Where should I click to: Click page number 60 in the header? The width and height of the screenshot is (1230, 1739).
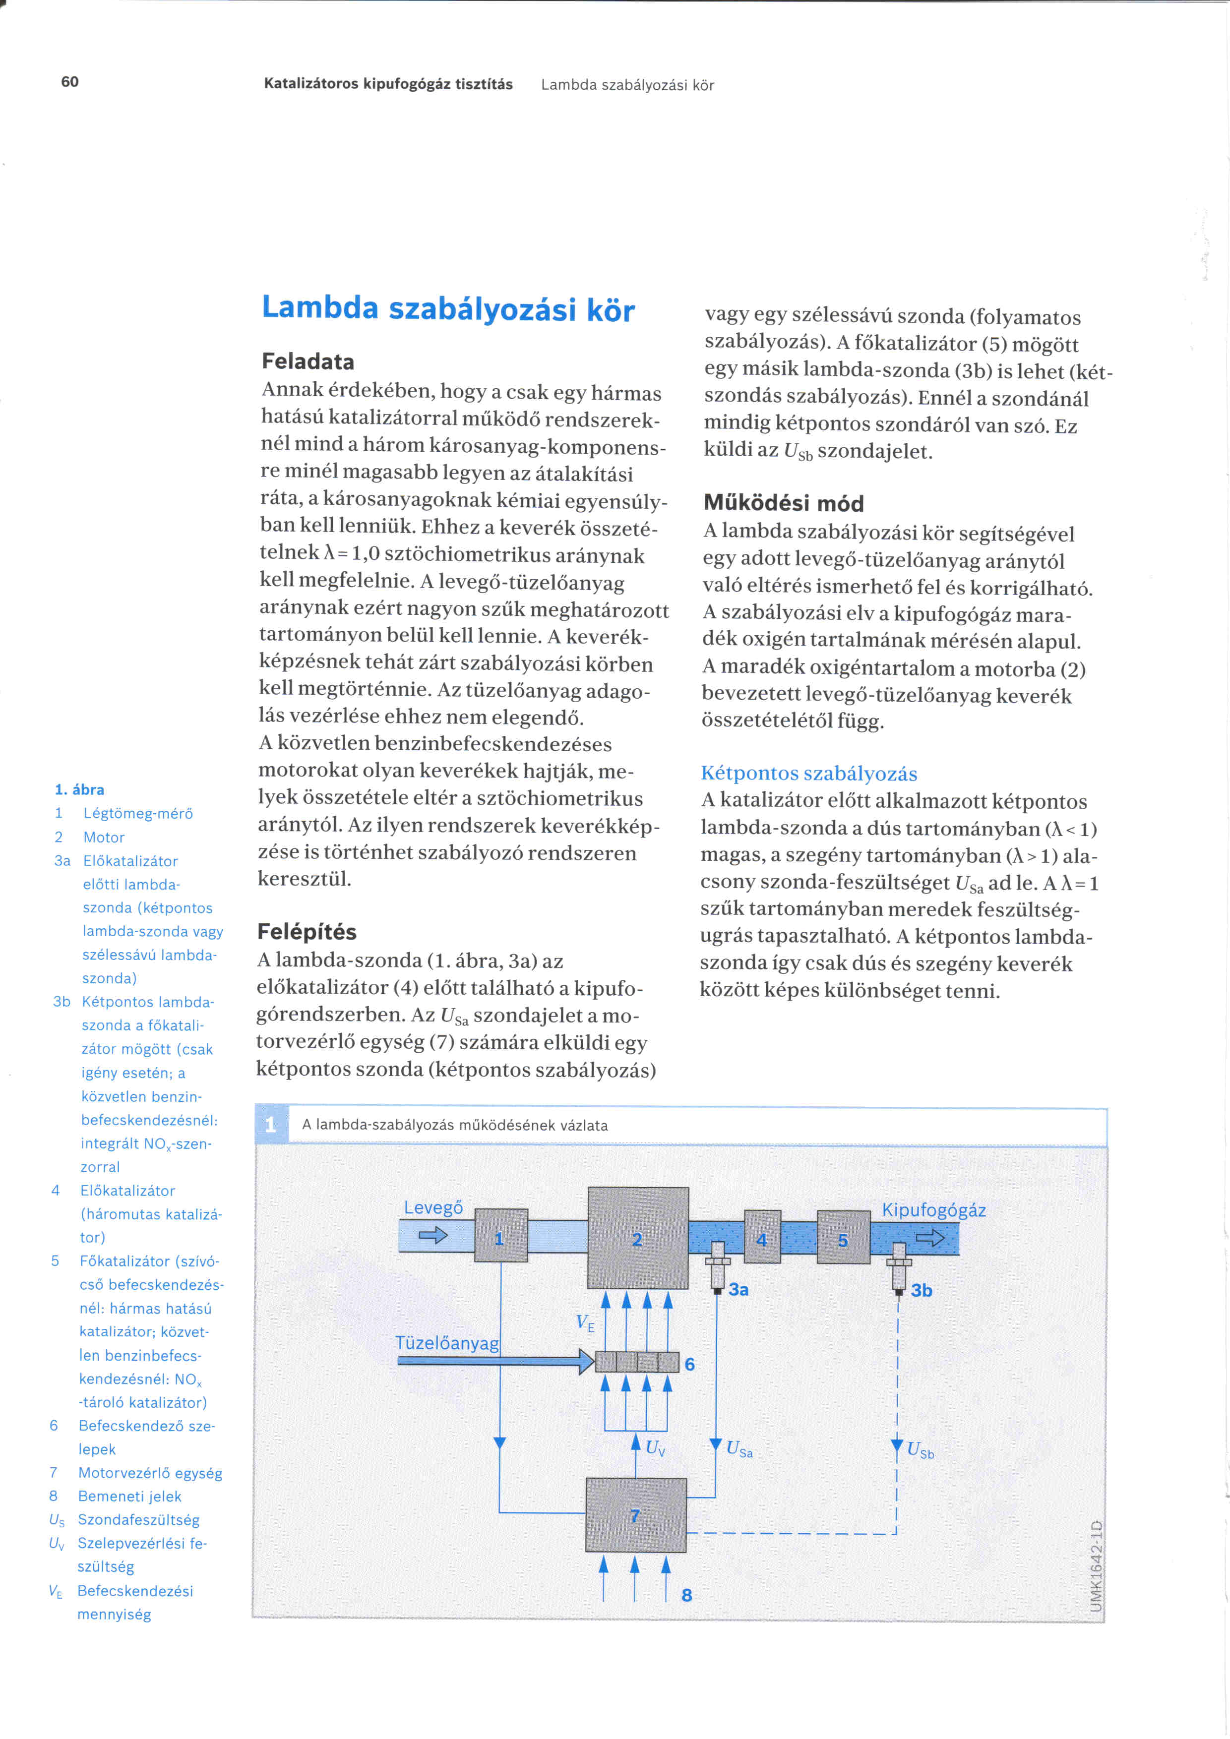(69, 82)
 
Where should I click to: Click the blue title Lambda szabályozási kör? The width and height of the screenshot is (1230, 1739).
(448, 309)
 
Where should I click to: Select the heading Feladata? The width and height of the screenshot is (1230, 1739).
(307, 361)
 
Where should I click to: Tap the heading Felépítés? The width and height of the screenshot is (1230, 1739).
(307, 932)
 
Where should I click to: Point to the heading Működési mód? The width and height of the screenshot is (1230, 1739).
(783, 503)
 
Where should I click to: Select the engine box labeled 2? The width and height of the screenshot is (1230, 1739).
(638, 1238)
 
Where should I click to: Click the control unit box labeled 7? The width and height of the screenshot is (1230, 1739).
(635, 1515)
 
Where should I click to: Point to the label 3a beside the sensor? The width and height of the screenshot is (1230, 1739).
(738, 1290)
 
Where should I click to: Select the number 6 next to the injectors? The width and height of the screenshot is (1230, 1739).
(689, 1364)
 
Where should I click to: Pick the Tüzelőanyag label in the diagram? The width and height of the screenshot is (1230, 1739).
(447, 1343)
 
